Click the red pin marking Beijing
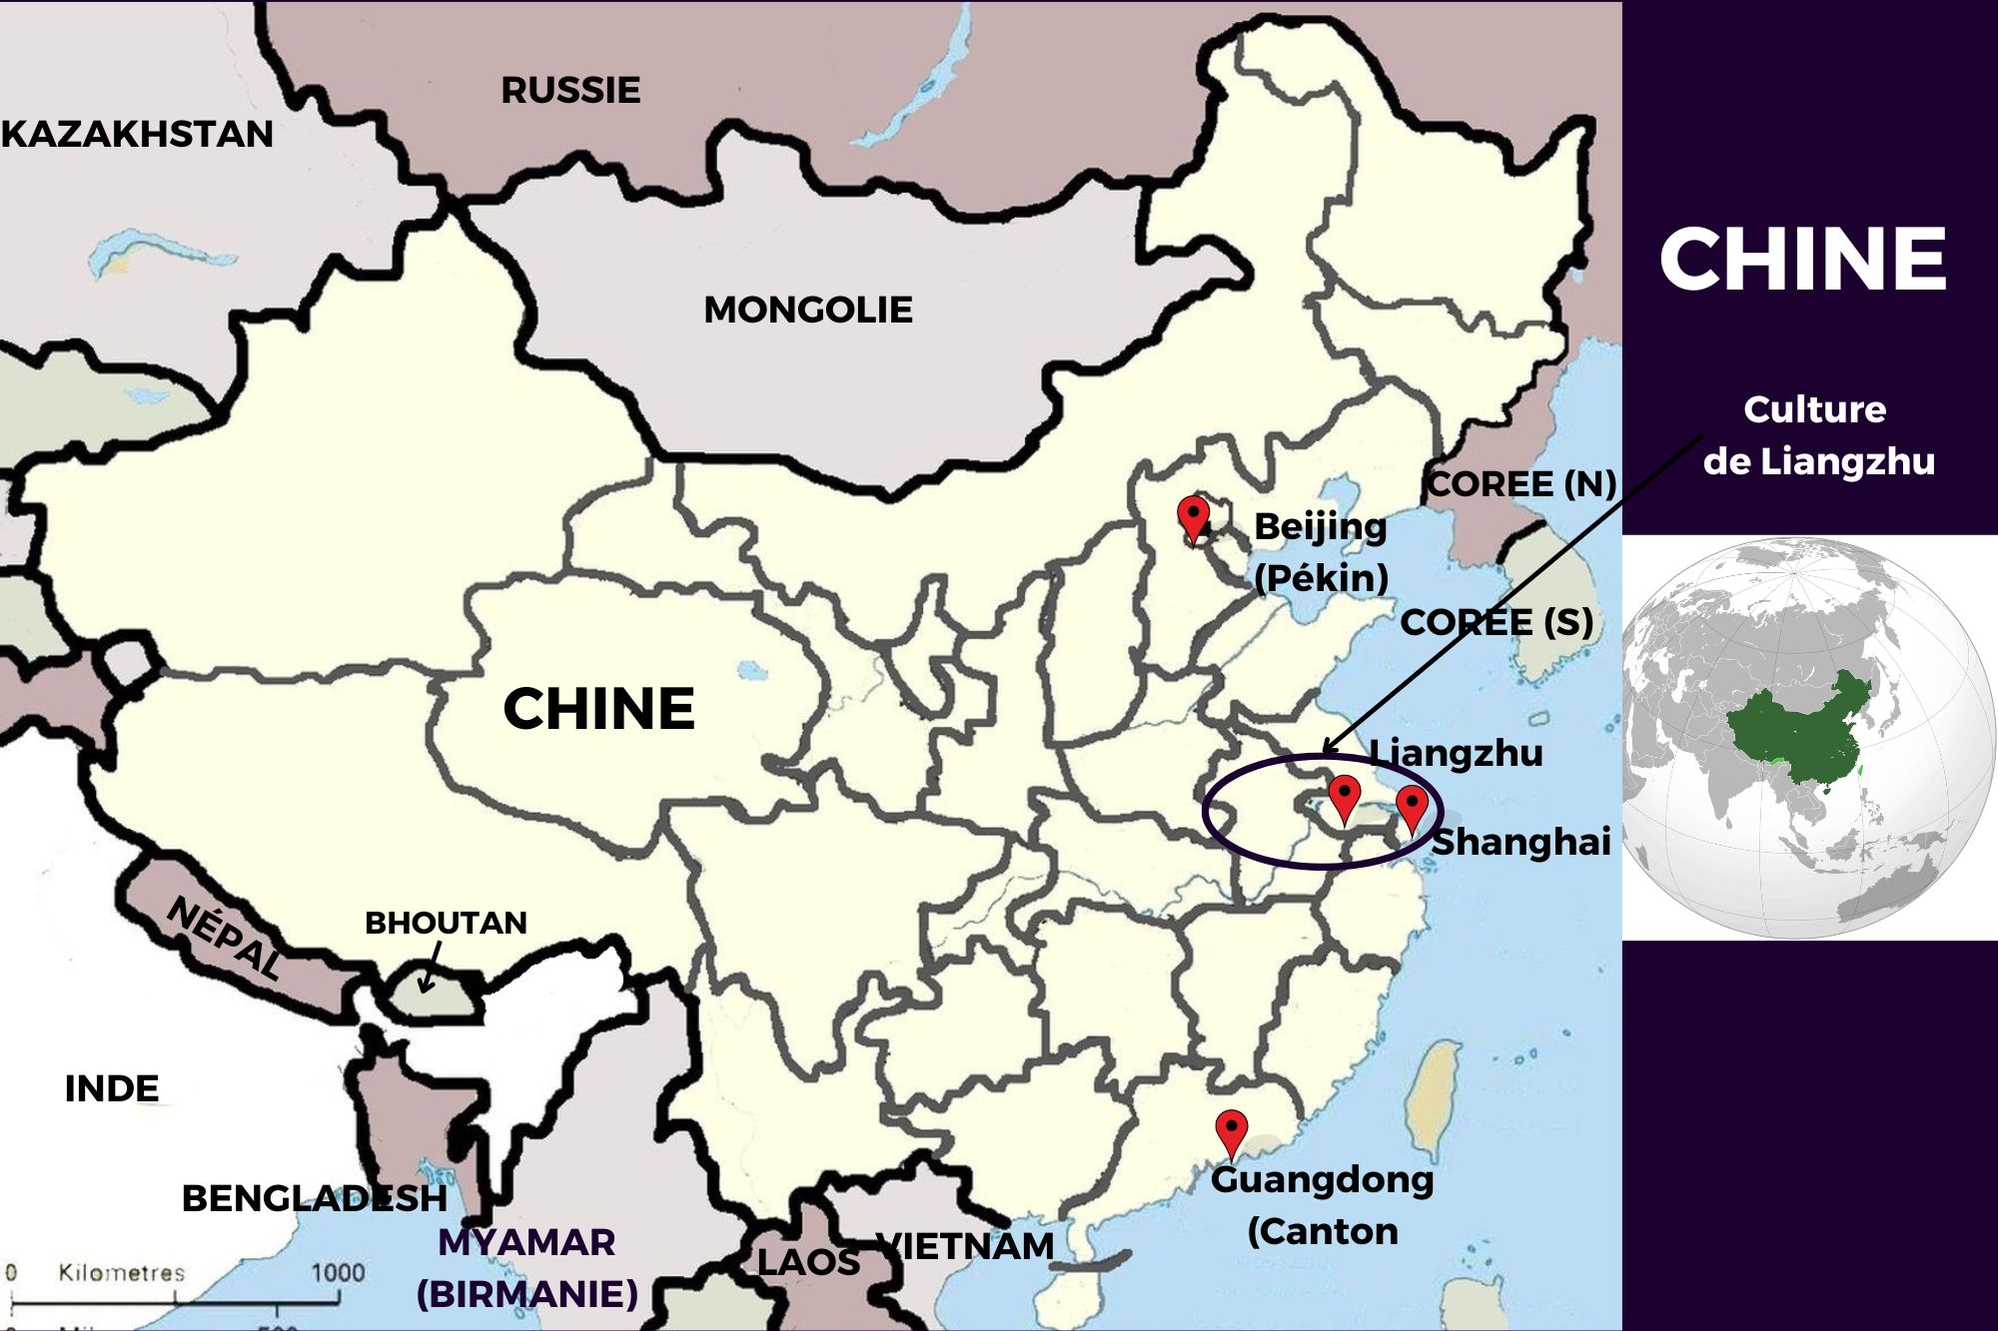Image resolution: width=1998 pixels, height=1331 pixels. coord(1193,515)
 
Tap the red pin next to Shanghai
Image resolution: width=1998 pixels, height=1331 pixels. coord(1411,805)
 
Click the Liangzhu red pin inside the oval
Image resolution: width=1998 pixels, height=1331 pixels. coord(1345,795)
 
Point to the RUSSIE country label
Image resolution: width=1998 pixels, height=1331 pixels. coord(570,91)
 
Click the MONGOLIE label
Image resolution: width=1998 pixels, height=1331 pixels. coord(808,310)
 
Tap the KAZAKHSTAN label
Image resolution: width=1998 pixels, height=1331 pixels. coord(138,134)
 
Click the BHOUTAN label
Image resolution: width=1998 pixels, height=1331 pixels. coord(446,923)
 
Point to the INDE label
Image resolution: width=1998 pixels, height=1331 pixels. coord(112,1088)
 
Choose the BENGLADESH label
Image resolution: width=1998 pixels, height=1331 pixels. coord(314,1198)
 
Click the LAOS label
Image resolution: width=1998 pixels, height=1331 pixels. coord(808,1262)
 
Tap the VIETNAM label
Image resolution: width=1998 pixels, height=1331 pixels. coord(965,1246)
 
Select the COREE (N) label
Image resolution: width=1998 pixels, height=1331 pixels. coord(1521,484)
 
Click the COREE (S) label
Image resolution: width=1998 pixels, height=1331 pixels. coord(1497,622)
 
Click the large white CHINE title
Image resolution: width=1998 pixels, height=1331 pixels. coord(1803,259)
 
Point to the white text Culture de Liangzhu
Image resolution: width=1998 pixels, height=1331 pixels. coord(1817,435)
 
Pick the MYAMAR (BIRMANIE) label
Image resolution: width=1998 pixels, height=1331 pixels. coord(527,1268)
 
